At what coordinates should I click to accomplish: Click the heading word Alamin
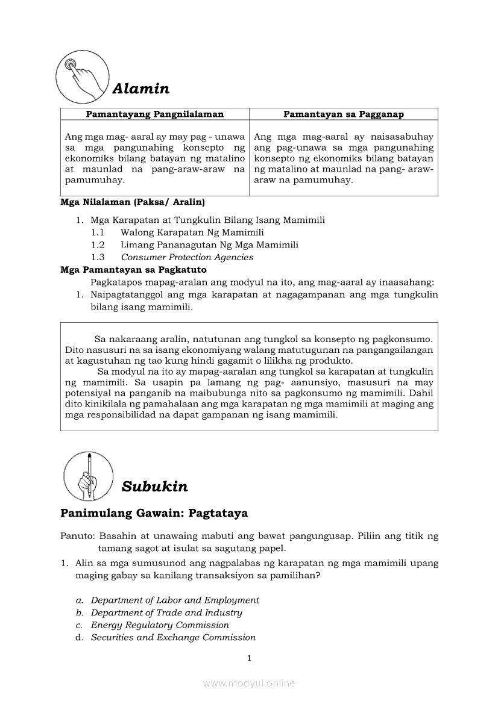coord(140,89)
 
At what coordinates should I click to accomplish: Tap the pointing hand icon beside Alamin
coord(83,76)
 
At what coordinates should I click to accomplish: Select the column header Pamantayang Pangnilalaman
coord(155,114)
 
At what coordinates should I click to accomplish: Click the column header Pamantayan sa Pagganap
coord(344,114)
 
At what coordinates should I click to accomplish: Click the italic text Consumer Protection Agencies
coord(187,257)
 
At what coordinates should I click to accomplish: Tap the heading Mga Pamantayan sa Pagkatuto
coord(133,270)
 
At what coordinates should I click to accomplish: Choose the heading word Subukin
coord(154,487)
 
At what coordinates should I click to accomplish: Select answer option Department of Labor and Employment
coord(175,600)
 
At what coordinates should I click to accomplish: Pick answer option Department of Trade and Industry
coord(166,613)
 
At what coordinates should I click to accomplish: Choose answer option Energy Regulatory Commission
coord(160,625)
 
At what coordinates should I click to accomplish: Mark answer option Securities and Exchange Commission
coord(173,638)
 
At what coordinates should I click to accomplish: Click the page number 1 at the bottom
coord(249,658)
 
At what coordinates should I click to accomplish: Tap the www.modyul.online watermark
coord(249,683)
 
